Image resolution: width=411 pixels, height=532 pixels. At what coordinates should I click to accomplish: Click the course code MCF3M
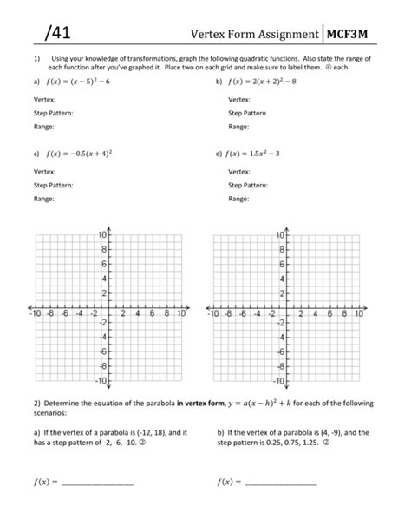tap(354, 34)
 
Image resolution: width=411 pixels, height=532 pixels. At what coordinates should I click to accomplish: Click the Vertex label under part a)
tap(45, 100)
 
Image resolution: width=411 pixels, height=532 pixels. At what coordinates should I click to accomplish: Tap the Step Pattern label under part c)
tap(53, 185)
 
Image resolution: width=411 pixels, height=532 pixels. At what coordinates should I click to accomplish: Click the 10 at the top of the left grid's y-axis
tap(101, 235)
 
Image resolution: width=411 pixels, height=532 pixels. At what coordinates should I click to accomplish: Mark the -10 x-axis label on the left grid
tap(36, 315)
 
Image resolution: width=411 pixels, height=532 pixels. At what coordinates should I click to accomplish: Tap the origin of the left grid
tap(109, 308)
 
